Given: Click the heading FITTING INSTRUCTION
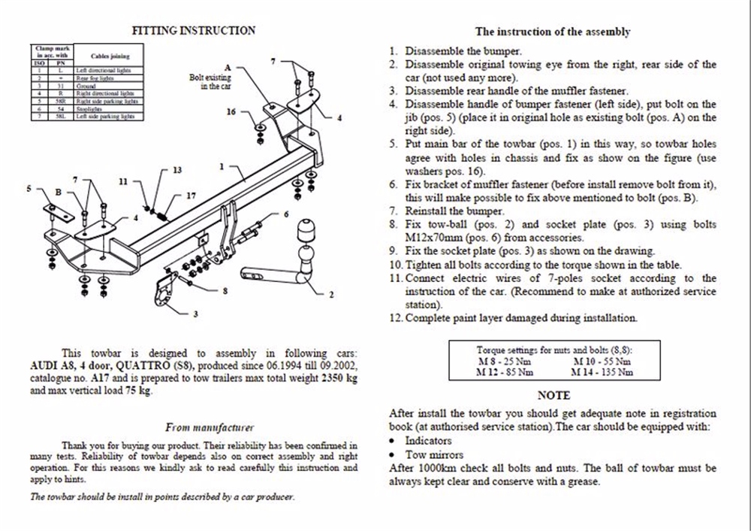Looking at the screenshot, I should [193, 31].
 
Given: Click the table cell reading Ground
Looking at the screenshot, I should [84, 86].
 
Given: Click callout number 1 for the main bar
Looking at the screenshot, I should [222, 166].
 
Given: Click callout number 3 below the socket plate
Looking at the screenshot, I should [195, 314].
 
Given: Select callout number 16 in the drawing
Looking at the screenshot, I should [231, 112].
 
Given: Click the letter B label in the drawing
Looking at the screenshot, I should [58, 193].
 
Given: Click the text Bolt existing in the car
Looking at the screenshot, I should [210, 82].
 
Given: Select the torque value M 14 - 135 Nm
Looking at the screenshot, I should [602, 372].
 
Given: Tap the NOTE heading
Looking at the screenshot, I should [554, 396].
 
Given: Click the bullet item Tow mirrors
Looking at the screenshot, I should [434, 454].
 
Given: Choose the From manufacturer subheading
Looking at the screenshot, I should [210, 427].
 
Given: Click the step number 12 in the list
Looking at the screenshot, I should [396, 318].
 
